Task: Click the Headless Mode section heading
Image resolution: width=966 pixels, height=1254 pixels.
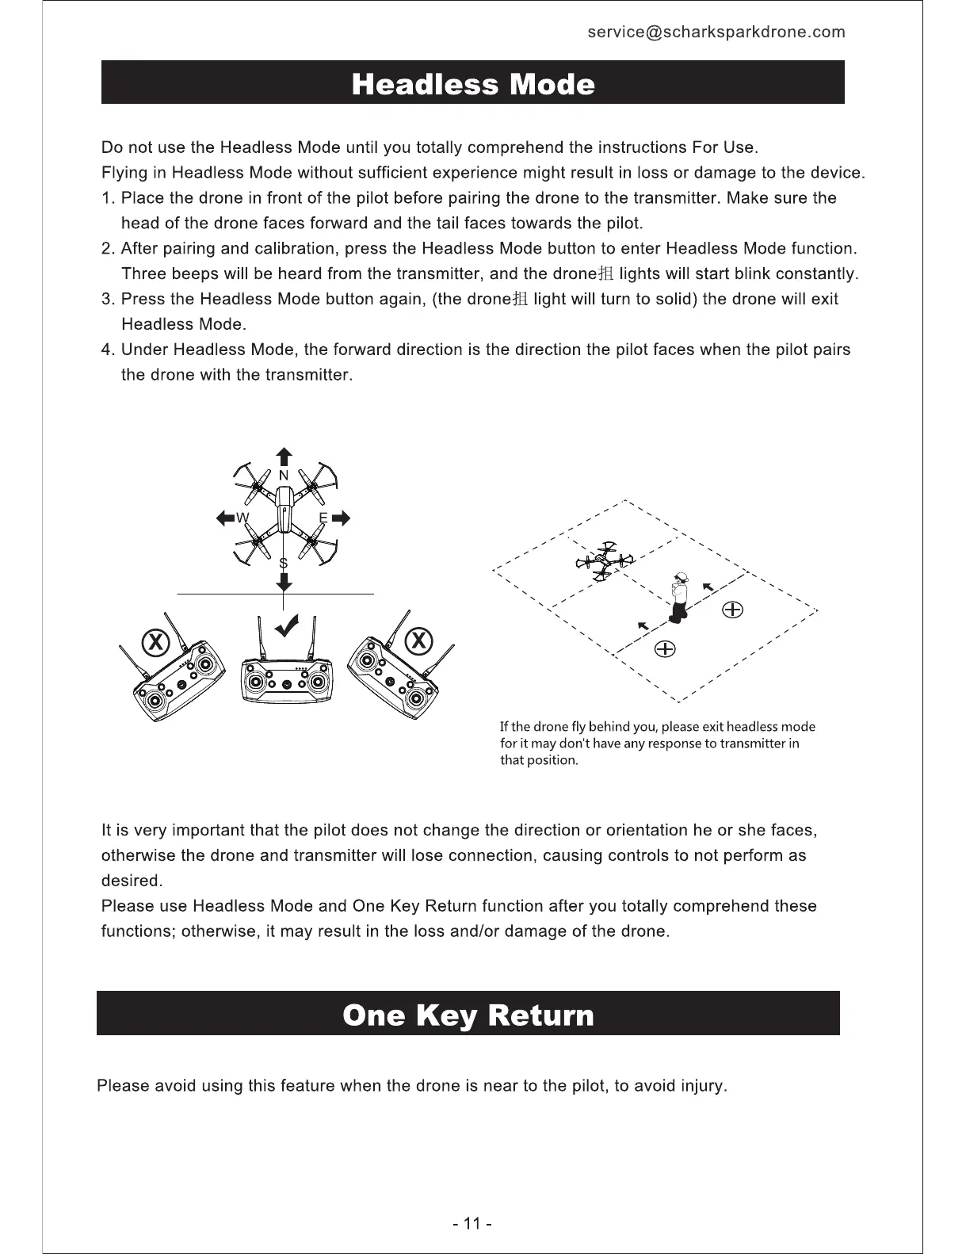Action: (x=472, y=83)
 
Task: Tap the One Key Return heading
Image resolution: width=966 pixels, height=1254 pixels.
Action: (x=468, y=1015)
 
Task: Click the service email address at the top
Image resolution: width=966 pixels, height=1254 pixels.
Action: (x=716, y=32)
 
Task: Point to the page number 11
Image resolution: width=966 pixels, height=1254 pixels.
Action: (x=472, y=1223)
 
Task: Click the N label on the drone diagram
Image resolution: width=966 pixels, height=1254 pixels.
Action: (x=284, y=476)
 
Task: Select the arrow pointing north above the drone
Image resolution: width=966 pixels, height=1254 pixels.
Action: (x=284, y=457)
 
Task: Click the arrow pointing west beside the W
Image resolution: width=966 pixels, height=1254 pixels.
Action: (x=226, y=518)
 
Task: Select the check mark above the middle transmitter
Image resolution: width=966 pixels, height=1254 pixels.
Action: (x=286, y=625)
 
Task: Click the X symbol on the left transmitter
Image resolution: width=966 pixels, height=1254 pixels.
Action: (x=156, y=640)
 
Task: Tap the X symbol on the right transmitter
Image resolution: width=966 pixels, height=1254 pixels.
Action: (x=419, y=640)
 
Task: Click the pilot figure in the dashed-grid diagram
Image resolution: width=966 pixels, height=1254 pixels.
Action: (x=679, y=595)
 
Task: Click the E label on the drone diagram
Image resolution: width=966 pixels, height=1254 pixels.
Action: (x=323, y=518)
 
